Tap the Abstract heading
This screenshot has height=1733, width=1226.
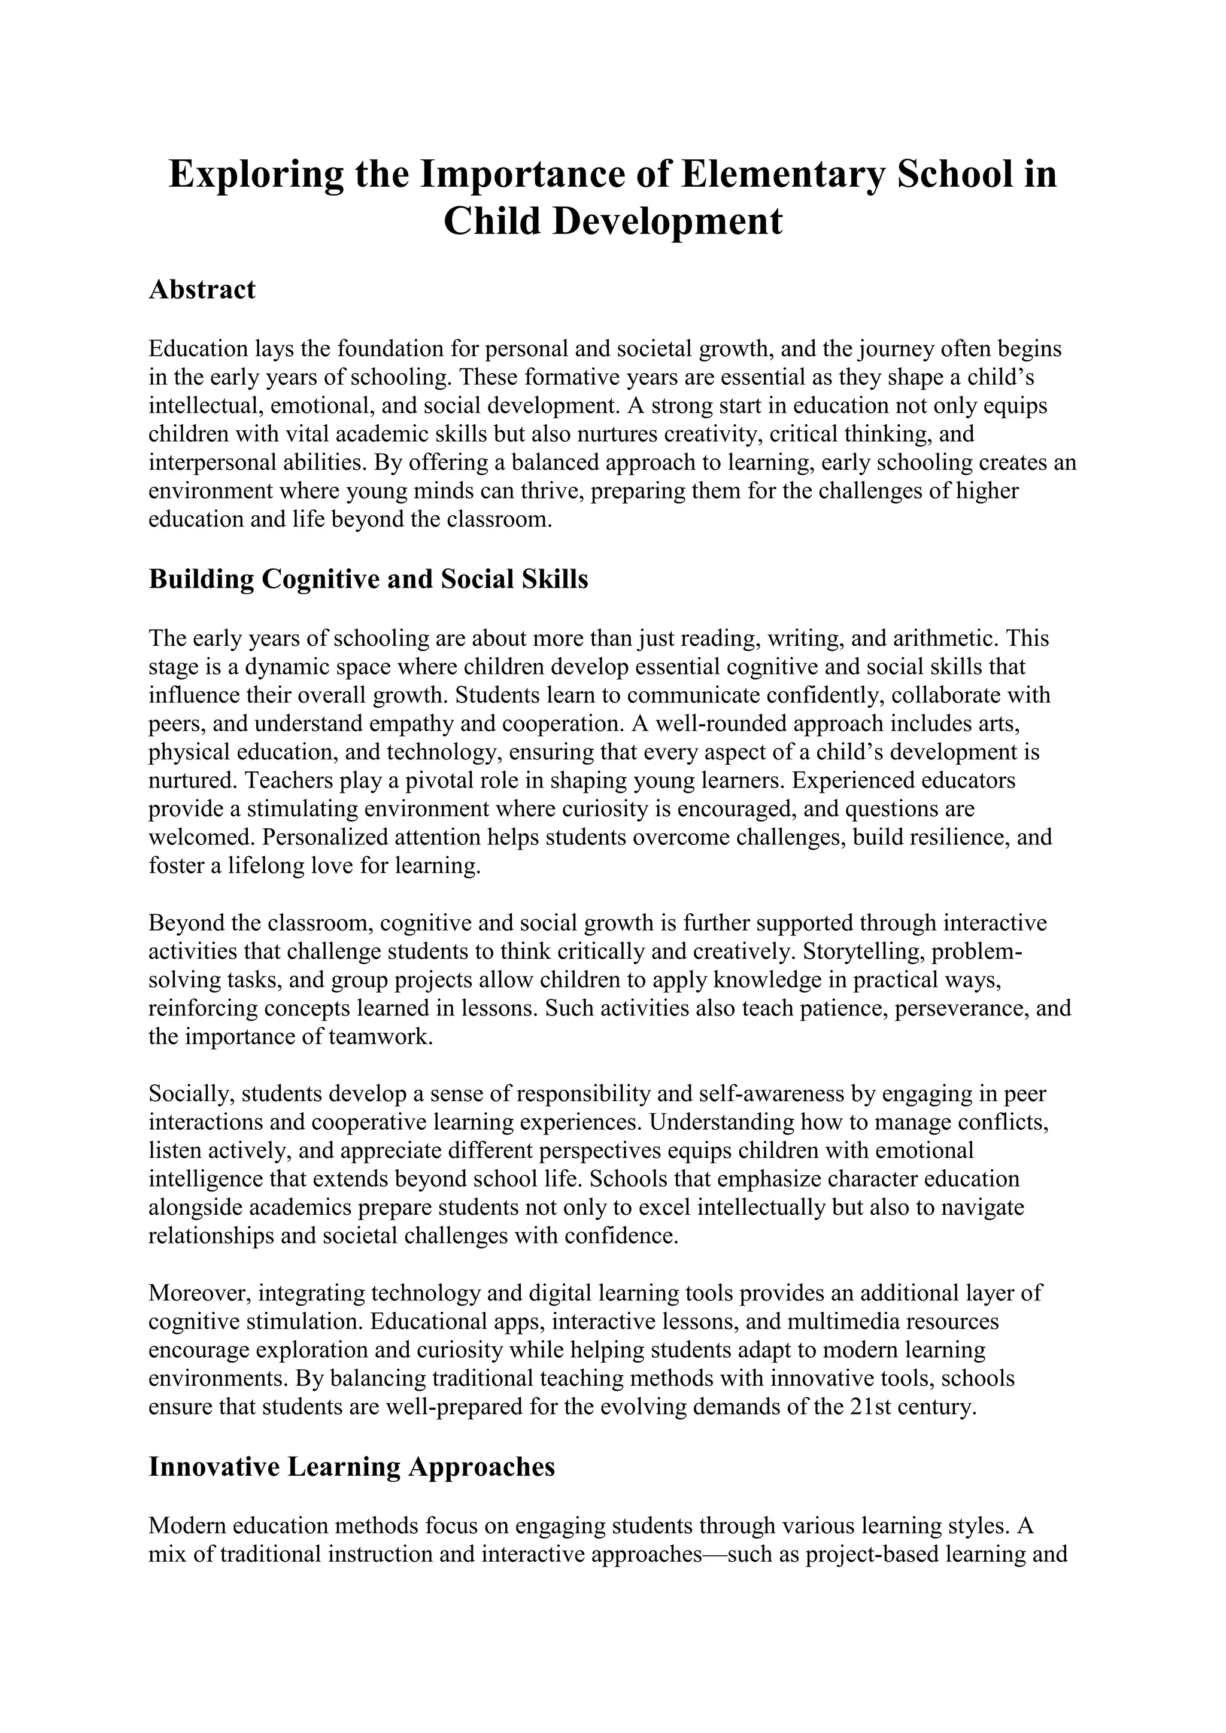point(202,289)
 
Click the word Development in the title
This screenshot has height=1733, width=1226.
point(667,221)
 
